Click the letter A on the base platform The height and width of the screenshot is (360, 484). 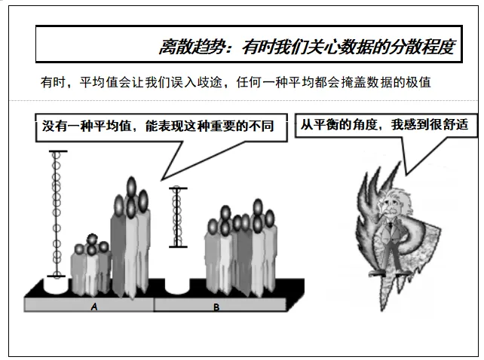pos(94,307)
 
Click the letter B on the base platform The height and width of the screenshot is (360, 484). pos(216,307)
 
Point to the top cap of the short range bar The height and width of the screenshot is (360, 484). pos(178,188)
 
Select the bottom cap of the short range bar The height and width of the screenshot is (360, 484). pos(178,247)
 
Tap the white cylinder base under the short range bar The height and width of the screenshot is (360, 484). pos(178,286)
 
